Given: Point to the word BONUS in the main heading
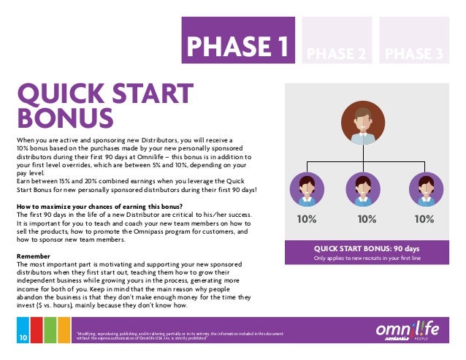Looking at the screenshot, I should (66, 119).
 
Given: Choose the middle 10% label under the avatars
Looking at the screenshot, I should (364, 218).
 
